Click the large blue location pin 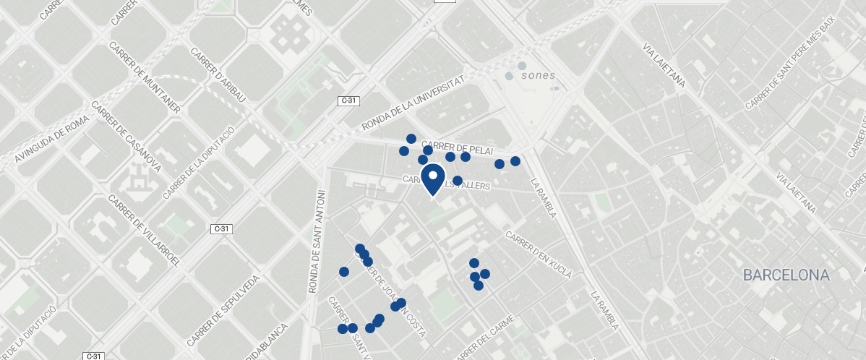click(432, 179)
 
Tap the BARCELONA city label click(786, 275)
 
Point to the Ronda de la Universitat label click(412, 106)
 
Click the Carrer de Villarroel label click(144, 230)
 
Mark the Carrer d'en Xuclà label click(539, 255)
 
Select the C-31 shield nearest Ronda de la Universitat click(348, 101)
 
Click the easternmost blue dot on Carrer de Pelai click(515, 161)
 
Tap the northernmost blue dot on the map click(411, 138)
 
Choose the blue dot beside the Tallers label click(458, 180)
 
